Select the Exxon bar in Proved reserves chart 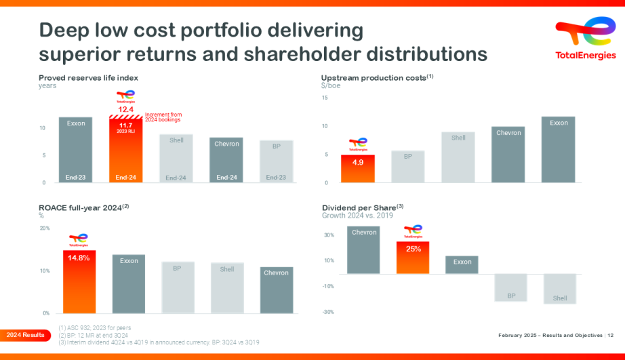click(75, 150)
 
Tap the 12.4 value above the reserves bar click(125, 109)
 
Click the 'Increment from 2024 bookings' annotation click(163, 118)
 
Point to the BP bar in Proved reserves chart click(276, 161)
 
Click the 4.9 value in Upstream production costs click(357, 163)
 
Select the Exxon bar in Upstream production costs click(559, 150)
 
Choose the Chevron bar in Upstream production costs click(508, 155)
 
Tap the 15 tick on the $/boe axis click(325, 98)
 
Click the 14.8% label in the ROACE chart click(79, 258)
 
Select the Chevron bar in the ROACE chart click(276, 290)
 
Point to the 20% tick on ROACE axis click(45, 228)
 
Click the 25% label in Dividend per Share click(413, 249)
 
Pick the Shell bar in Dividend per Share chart click(559, 289)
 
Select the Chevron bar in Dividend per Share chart click(364, 250)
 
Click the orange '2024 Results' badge click(26, 335)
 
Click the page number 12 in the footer click(610, 335)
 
